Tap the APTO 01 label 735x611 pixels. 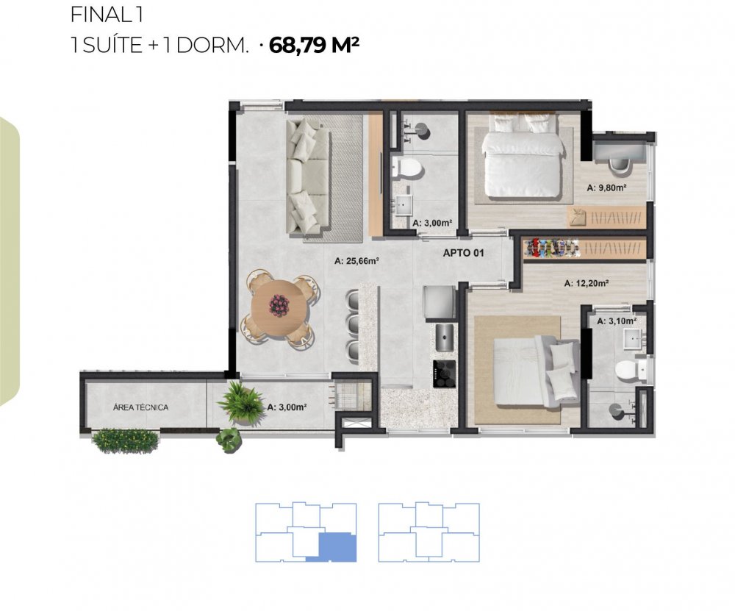pyautogui.click(x=463, y=253)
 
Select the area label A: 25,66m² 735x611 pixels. pyautogui.click(x=356, y=261)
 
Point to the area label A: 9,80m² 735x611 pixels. pyautogui.click(x=606, y=188)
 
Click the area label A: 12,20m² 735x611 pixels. pyautogui.click(x=587, y=283)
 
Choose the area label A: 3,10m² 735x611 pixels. pyautogui.click(x=617, y=321)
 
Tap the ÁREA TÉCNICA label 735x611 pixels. pyautogui.click(x=140, y=407)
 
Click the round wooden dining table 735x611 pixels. pyautogui.click(x=278, y=307)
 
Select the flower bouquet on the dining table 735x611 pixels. pyautogui.click(x=279, y=305)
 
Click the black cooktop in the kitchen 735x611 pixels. pyautogui.click(x=445, y=374)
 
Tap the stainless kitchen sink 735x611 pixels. pyautogui.click(x=445, y=337)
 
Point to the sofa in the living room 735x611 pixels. pyautogui.click(x=307, y=176)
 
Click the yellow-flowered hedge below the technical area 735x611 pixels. pyautogui.click(x=125, y=441)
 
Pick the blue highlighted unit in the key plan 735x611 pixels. pyautogui.click(x=336, y=547)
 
